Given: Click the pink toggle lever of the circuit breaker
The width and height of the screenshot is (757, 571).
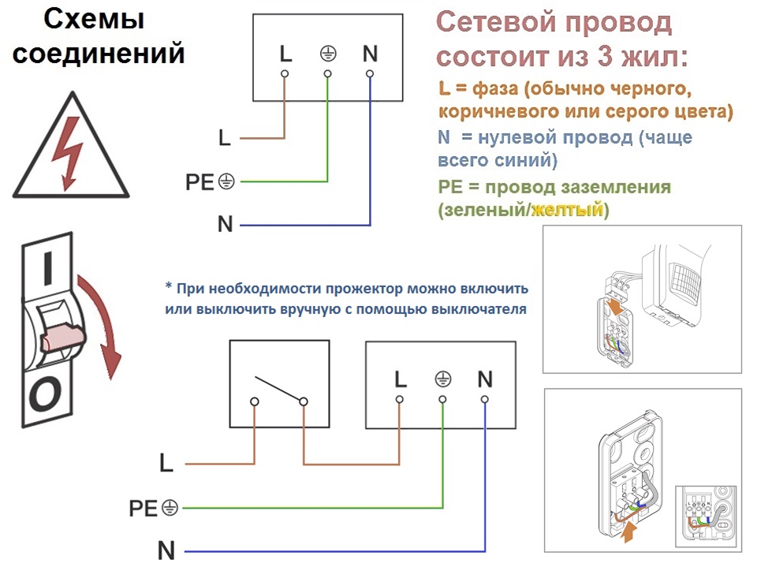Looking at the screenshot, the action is tap(62, 338).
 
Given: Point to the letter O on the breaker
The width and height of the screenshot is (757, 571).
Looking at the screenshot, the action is tap(45, 394).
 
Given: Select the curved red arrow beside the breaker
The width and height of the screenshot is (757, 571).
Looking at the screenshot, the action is tap(102, 326).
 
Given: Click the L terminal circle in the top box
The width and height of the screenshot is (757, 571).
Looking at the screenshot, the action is tap(285, 74).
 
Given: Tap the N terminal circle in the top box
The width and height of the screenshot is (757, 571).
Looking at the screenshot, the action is tap(370, 74).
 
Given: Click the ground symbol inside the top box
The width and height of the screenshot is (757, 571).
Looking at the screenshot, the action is tap(328, 54).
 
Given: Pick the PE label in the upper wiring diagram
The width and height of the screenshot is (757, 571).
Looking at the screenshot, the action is tap(200, 182).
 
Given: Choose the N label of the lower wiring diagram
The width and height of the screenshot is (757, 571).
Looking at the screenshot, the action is tap(166, 550).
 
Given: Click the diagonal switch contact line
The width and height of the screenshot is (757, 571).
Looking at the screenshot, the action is tap(279, 389).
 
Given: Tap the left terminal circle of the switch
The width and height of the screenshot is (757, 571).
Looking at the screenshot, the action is tap(255, 401).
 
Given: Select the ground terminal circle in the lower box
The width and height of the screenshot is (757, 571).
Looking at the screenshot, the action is tap(442, 399).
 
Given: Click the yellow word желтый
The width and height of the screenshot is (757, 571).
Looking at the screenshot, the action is tap(568, 210).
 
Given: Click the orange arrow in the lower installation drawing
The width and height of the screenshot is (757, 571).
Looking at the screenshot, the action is tap(628, 532).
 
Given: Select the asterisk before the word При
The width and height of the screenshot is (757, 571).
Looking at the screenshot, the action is tap(169, 286).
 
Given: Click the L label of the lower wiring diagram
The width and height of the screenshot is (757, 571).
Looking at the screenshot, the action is tap(166, 463).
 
